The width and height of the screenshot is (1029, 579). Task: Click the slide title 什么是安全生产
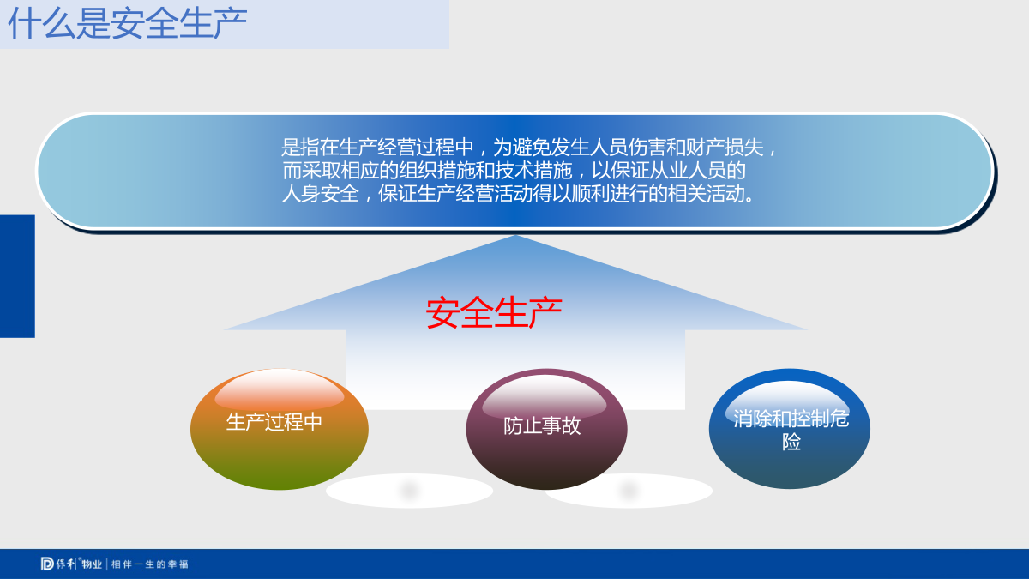click(128, 23)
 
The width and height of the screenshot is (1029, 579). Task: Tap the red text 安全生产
click(494, 312)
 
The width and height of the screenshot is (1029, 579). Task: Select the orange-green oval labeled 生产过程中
click(280, 429)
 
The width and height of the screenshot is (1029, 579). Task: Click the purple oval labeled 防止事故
click(547, 429)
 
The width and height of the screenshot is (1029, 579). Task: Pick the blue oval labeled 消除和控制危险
click(790, 428)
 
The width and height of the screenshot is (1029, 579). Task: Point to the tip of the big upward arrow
click(515, 235)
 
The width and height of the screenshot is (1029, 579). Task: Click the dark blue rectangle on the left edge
click(17, 276)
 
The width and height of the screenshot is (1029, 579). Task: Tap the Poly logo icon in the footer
click(47, 564)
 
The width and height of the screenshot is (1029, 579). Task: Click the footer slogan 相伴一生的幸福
click(150, 564)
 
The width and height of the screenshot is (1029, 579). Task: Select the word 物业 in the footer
click(92, 564)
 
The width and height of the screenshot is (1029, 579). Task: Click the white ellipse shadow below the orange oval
click(409, 491)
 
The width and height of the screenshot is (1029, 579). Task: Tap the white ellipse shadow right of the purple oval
click(629, 491)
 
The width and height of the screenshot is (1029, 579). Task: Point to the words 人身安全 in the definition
click(320, 194)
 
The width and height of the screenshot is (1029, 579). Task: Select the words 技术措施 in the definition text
click(533, 171)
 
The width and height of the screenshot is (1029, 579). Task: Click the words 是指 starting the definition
click(300, 148)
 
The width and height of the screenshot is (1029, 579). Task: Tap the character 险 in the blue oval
click(791, 442)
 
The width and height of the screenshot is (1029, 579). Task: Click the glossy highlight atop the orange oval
click(280, 390)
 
